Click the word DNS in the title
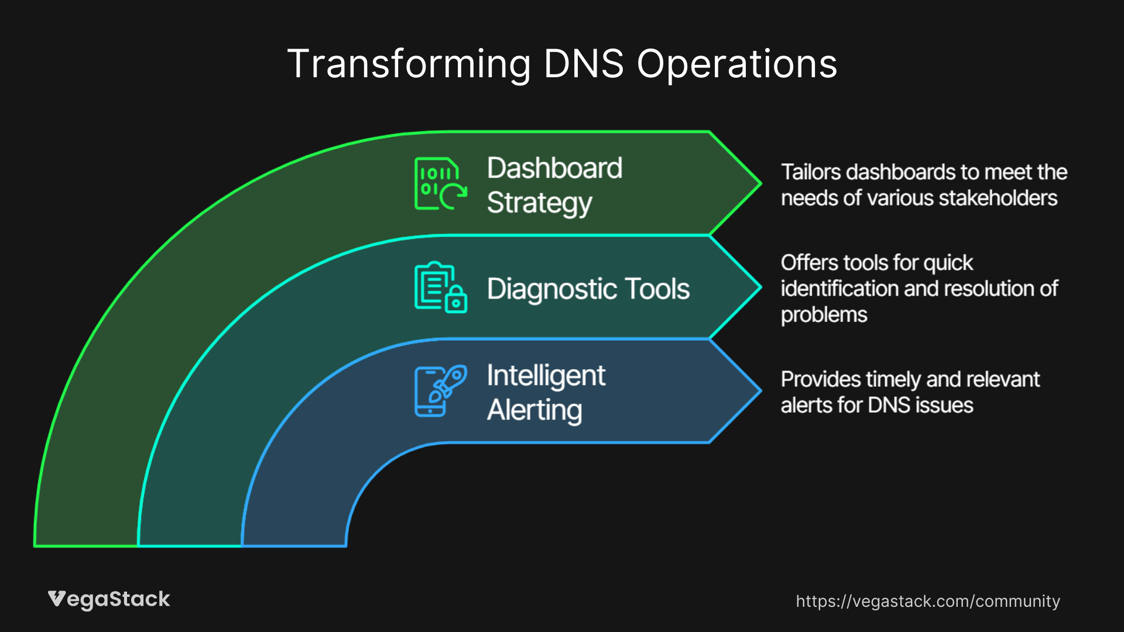click(x=584, y=64)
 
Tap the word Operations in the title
click(x=736, y=64)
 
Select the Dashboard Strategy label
click(x=554, y=185)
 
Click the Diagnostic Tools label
click(x=588, y=288)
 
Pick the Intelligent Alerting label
click(x=546, y=393)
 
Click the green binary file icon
click(x=440, y=183)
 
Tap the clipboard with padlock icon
click(x=440, y=287)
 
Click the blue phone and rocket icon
click(x=440, y=391)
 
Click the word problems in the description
click(x=824, y=315)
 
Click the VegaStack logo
click(x=109, y=599)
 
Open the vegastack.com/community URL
click(x=927, y=601)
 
